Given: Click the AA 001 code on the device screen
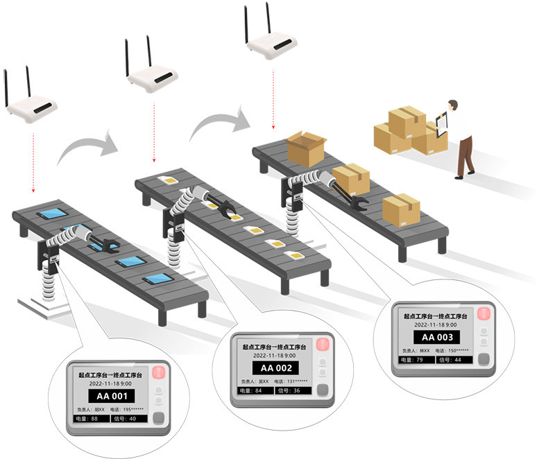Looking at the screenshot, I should [112, 397].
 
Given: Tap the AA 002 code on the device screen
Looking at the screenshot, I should [276, 368].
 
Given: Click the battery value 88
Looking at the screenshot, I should [95, 418].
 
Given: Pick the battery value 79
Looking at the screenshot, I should [420, 361].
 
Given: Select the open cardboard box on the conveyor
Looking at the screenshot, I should [306, 148].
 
